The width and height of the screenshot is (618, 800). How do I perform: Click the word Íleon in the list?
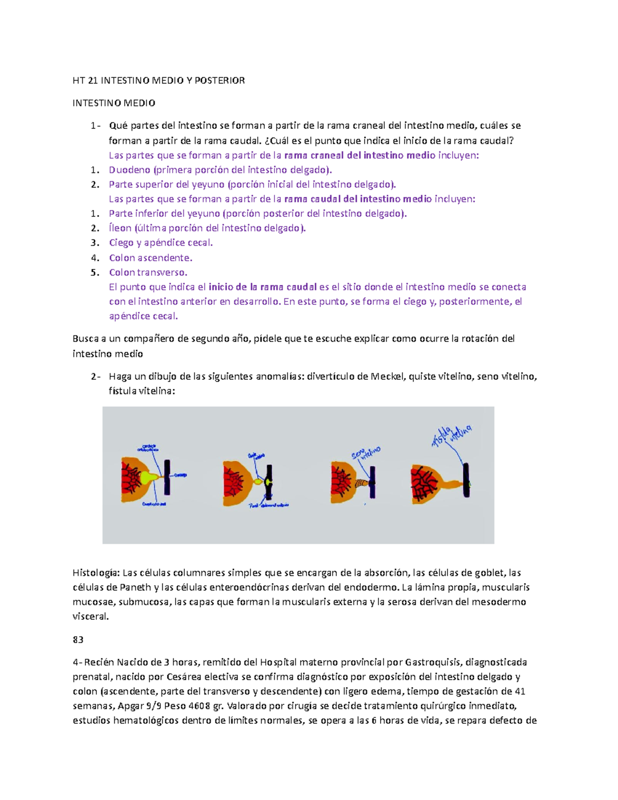click(120, 228)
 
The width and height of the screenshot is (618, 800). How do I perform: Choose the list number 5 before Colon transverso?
click(94, 272)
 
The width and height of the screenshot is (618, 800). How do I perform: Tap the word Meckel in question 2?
click(388, 377)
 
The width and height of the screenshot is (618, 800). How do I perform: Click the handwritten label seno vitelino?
click(366, 453)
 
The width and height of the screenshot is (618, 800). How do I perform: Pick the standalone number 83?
click(78, 640)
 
